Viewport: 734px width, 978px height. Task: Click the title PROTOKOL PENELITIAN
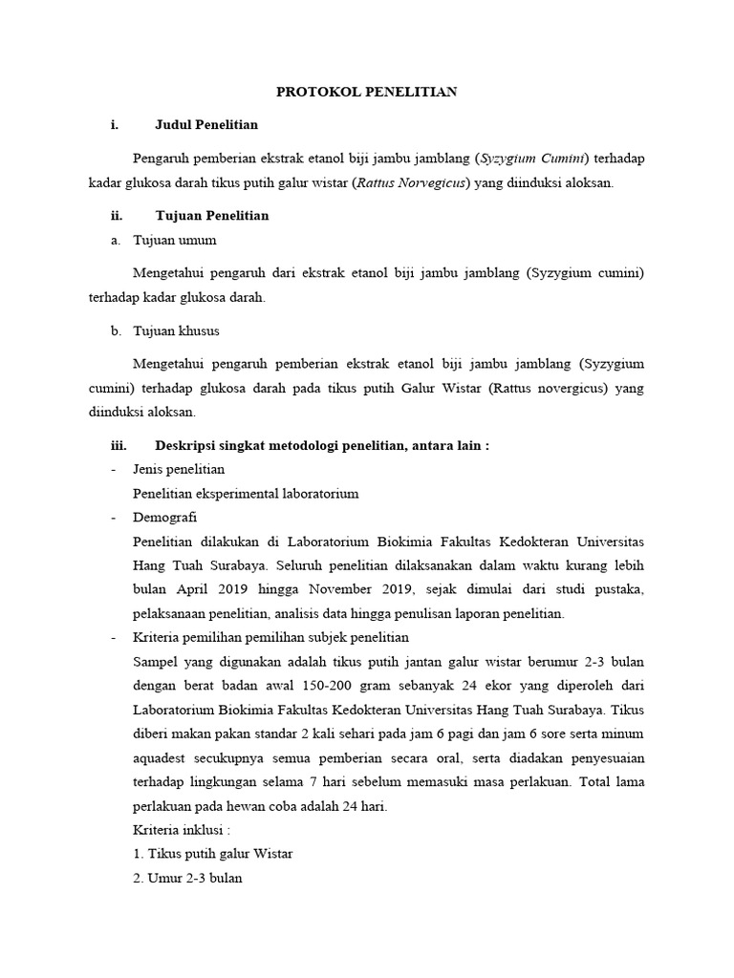pos(367,92)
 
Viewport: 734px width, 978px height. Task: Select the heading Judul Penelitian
pos(205,124)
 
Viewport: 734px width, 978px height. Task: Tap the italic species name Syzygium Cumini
pos(535,158)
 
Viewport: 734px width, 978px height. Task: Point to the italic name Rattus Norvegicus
pos(412,183)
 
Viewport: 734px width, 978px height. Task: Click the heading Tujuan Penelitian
pos(211,216)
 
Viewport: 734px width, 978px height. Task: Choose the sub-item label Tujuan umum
pos(175,241)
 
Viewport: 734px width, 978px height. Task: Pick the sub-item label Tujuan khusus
pos(177,331)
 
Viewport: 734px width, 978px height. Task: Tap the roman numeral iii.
pos(119,446)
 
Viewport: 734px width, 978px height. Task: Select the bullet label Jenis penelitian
pos(179,471)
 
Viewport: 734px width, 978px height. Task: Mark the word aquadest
pos(164,756)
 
